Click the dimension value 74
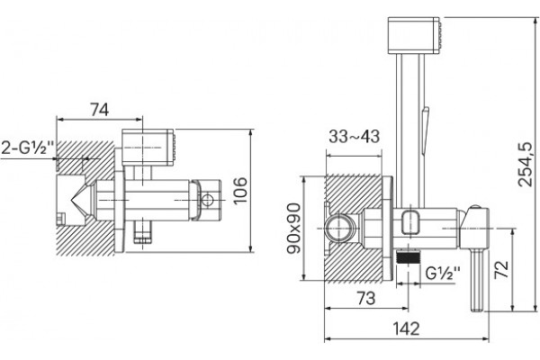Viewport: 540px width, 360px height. (x=99, y=110)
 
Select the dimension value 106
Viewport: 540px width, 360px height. (x=240, y=191)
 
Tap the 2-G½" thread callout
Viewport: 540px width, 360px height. (x=27, y=148)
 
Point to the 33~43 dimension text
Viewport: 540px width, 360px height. (x=354, y=137)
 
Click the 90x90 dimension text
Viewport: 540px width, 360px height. (x=293, y=228)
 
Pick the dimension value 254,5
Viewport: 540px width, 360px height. (x=526, y=164)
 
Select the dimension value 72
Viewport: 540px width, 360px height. (x=501, y=270)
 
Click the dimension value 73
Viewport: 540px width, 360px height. (x=365, y=298)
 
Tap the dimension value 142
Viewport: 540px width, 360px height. (x=407, y=328)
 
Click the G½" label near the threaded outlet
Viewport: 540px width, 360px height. (x=443, y=274)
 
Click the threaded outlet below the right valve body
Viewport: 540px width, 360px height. (x=409, y=256)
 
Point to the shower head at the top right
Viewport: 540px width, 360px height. (x=414, y=35)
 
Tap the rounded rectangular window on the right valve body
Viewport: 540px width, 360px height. (x=411, y=223)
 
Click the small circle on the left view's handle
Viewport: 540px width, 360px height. (x=208, y=200)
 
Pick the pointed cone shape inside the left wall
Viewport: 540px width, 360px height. (x=81, y=200)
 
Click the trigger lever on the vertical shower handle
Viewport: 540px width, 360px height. (x=426, y=130)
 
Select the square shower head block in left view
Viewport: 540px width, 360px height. (x=148, y=148)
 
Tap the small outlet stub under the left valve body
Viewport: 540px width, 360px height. (x=142, y=232)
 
